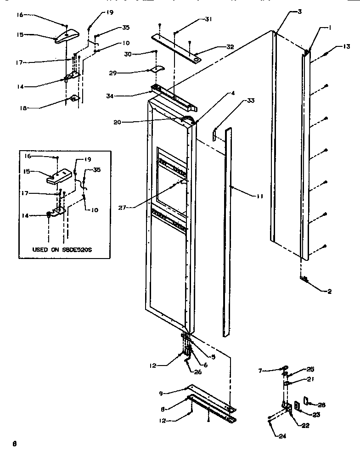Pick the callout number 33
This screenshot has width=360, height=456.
tap(250, 100)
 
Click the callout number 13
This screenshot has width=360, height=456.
tap(346, 46)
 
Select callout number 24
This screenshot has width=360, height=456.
tap(282, 436)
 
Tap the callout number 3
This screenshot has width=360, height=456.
tap(299, 11)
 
